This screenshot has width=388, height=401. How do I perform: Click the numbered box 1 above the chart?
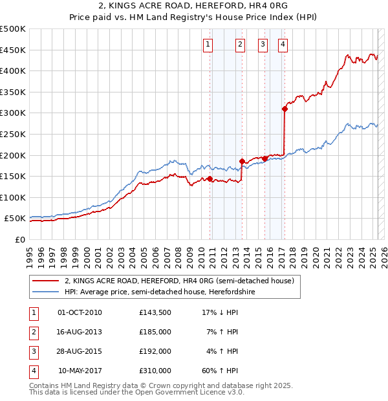pos(208,45)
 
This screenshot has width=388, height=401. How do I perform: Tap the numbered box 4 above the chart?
pos(283,45)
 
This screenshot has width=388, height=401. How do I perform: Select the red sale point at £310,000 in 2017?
pos(285,109)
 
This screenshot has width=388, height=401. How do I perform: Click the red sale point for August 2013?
pos(242,161)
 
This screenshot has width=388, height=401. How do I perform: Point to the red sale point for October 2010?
pos(210,179)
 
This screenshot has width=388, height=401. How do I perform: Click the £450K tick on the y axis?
pos(13,50)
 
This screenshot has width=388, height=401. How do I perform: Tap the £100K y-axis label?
pos(13,197)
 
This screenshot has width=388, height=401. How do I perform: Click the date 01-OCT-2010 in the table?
pos(80,312)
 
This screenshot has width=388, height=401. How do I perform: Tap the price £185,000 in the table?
pos(155,332)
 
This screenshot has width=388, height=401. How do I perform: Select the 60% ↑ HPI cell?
pos(221,371)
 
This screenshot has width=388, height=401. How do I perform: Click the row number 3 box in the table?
pos(33,351)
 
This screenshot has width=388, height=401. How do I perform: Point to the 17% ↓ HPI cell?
pos(221,312)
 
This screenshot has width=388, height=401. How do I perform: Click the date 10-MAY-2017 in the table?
pos(80,371)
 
